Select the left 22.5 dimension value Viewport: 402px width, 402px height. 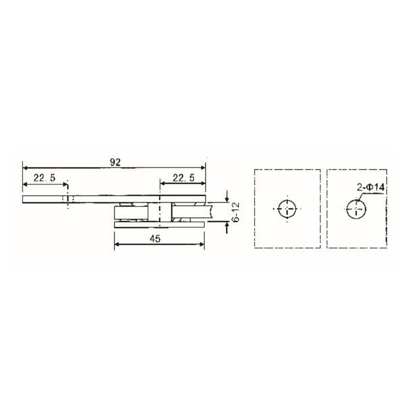44,177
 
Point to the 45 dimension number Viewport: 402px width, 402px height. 155,239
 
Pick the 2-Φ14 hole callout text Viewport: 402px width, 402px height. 371,187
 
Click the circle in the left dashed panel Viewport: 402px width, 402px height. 287,208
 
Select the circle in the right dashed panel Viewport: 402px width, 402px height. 356,208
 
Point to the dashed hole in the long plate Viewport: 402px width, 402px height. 67,199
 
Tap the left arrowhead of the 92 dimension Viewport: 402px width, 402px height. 25,168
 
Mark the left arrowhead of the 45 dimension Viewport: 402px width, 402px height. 118,245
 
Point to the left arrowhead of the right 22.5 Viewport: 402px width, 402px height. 163,183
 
